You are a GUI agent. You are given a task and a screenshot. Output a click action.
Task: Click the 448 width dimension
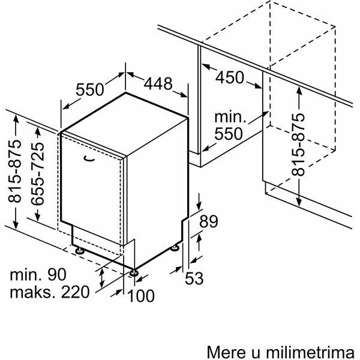coord(158,83)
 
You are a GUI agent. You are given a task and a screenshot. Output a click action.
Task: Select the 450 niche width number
coord(230,77)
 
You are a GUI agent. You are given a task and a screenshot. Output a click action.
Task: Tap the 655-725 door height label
coord(37,174)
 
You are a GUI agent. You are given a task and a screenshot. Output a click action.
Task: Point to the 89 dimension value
coord(208,221)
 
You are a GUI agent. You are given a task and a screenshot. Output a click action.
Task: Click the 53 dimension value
coord(194,278)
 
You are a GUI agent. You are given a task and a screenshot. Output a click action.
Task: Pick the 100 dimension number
coord(141,296)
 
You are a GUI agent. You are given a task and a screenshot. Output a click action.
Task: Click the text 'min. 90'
coord(38,274)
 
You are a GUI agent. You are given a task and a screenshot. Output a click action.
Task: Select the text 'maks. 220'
coord(50,292)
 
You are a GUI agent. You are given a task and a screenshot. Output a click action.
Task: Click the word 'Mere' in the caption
coord(225,352)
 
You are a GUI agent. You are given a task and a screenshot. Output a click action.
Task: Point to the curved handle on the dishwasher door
coord(89,158)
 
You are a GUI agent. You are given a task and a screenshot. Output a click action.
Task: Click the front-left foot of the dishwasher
coord(80,250)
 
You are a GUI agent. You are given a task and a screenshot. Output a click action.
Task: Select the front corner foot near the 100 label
coord(133,272)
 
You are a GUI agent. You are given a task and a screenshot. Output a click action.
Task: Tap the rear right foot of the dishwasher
coord(175,248)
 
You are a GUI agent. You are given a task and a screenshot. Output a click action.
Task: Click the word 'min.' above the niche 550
coord(230,117)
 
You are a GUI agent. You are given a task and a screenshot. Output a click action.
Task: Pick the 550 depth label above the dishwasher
coord(90,89)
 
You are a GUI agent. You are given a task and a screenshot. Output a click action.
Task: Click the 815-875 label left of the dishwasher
coord(14,171)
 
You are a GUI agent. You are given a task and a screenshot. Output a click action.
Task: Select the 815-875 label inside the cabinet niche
coord(298,145)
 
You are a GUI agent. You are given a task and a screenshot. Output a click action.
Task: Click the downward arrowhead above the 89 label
coord(199,205)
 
